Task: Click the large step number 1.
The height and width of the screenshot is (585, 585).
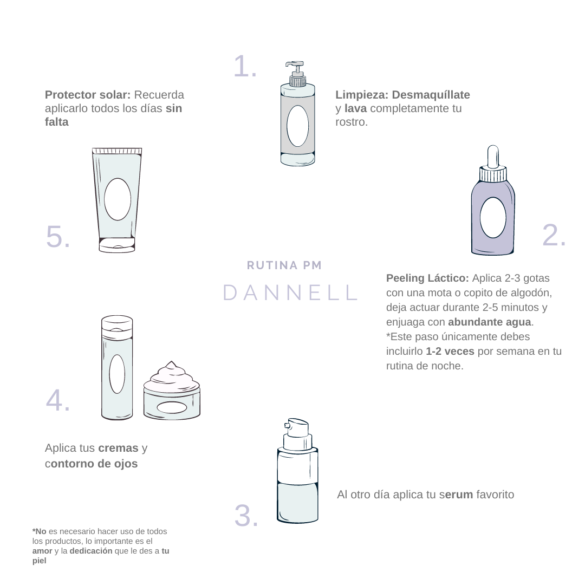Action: coord(244,67)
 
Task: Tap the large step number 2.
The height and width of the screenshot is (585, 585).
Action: coord(554,235)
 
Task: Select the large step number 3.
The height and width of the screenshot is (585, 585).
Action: coord(246,516)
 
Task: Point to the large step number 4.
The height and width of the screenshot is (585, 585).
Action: coord(57,400)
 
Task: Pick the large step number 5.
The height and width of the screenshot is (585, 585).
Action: coord(57,236)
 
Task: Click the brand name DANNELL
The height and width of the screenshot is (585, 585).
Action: coord(290,292)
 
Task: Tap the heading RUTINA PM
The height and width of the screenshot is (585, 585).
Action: coord(284,265)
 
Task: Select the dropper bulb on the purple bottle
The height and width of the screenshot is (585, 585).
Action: coord(493,156)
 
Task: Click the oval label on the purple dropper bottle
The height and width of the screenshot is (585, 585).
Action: coord(493,218)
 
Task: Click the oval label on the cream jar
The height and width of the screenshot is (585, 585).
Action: coord(172,408)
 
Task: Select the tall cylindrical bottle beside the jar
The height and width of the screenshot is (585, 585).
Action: coord(117,368)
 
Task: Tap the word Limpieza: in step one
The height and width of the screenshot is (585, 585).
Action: coord(362,95)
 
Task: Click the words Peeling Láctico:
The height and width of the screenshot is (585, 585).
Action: coord(427,278)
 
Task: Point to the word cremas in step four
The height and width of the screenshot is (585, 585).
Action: coord(118,448)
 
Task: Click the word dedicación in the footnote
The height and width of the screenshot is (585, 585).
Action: coord(90,551)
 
